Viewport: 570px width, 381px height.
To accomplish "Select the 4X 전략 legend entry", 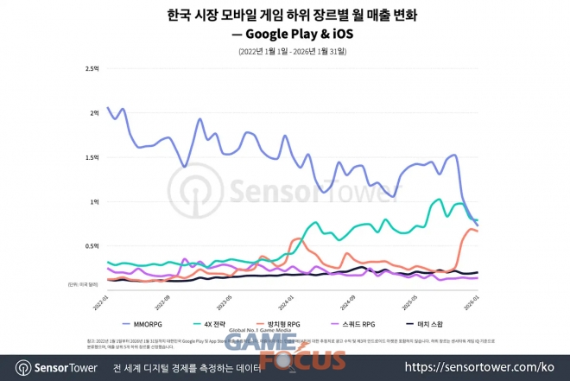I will coord(221,324).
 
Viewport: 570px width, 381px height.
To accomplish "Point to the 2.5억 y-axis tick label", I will coord(93,68).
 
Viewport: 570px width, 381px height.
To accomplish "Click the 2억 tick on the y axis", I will coord(95,112).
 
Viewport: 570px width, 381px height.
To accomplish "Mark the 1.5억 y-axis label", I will coord(93,157).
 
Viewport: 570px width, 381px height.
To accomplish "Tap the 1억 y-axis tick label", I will coord(95,201).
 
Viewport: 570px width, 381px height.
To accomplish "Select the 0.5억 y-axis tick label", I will coord(93,246).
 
